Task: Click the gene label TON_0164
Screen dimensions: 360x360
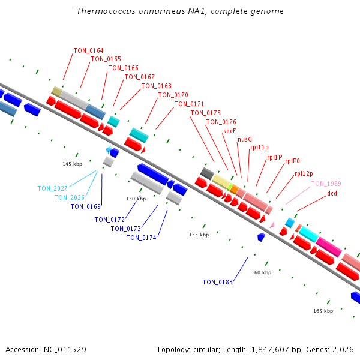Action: pyautogui.click(x=88, y=50)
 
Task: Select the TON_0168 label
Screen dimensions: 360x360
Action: pyautogui.click(x=157, y=86)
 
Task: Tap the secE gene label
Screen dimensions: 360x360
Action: pyautogui.click(x=230, y=131)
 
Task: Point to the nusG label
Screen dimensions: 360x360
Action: pyautogui.click(x=245, y=139)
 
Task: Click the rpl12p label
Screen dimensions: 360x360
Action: pyautogui.click(x=304, y=173)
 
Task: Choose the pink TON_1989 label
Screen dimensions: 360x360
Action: pyautogui.click(x=326, y=184)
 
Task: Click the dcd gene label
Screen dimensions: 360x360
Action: pyautogui.click(x=332, y=193)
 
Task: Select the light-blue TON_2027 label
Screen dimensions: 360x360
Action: pyautogui.click(x=53, y=188)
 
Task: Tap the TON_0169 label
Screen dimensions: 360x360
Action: pyautogui.click(x=86, y=206)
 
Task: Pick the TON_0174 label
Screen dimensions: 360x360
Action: pyautogui.click(x=141, y=238)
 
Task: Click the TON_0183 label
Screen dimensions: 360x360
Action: pyautogui.click(x=218, y=282)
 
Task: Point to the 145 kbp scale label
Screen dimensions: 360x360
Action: pyautogui.click(x=73, y=164)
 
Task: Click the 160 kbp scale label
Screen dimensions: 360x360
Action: pyautogui.click(x=261, y=272)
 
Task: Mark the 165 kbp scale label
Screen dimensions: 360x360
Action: pyautogui.click(x=323, y=311)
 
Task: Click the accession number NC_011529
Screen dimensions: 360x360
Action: pyautogui.click(x=65, y=349)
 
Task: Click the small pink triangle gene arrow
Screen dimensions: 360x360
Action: pyautogui.click(x=272, y=224)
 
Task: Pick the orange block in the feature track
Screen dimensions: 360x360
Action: pyautogui.click(x=235, y=190)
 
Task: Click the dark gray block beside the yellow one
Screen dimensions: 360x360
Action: pyautogui.click(x=207, y=173)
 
